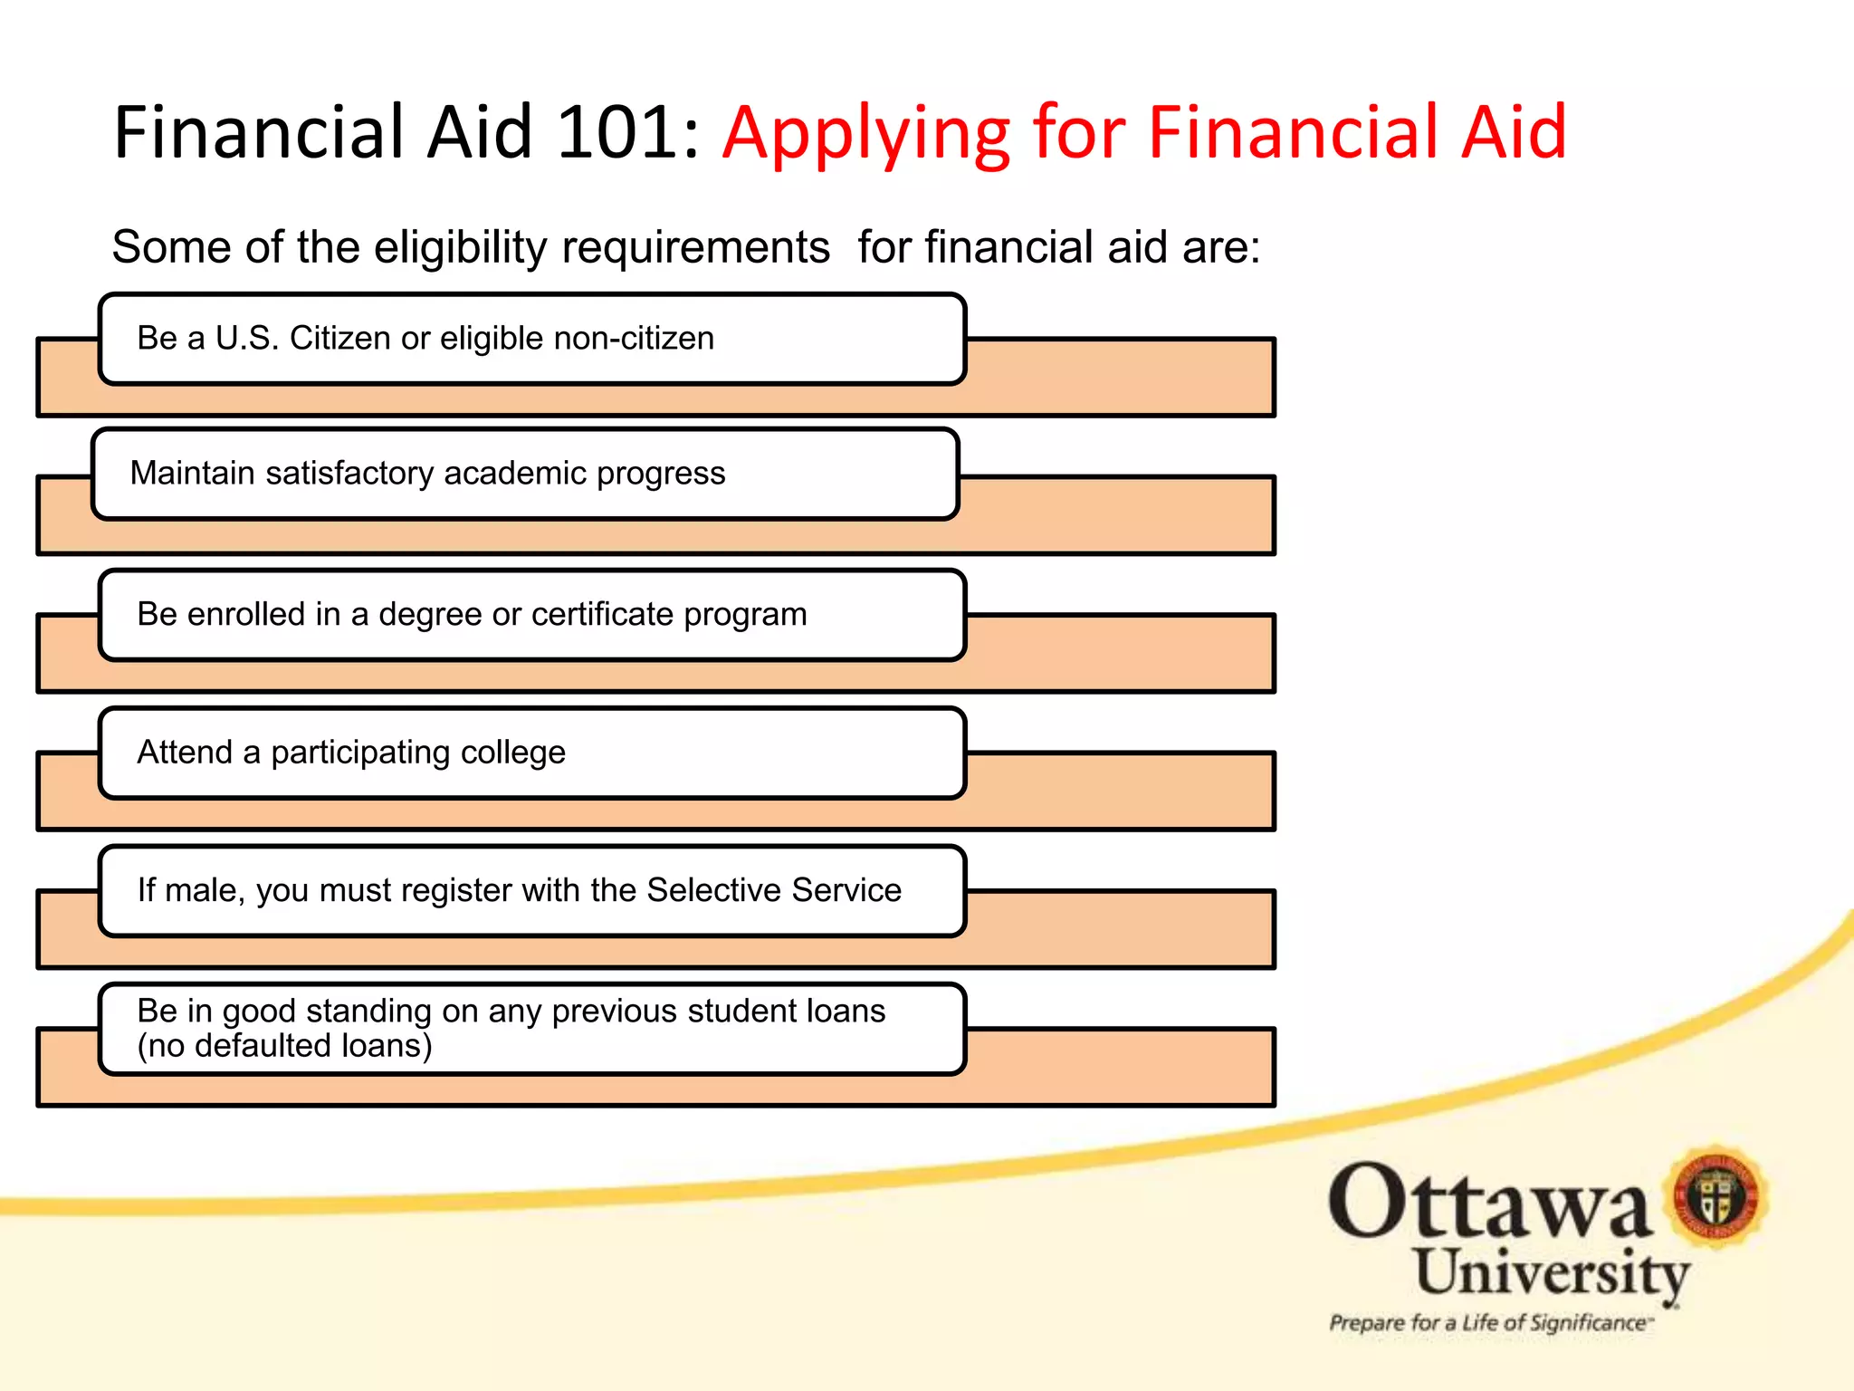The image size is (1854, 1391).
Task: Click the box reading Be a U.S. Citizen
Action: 532,339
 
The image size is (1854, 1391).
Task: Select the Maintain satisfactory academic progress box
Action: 525,474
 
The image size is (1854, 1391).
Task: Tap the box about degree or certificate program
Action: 532,615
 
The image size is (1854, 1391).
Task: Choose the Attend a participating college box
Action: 532,753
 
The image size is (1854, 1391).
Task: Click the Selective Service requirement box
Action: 532,891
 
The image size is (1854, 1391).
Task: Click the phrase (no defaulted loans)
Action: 284,1047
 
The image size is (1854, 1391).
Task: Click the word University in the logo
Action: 1551,1274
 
